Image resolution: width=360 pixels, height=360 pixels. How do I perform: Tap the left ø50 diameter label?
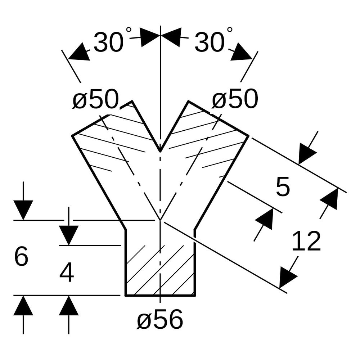coord(95,99)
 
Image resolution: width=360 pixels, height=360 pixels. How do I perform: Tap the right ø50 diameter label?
coord(235,99)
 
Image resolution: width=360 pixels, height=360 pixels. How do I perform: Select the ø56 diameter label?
coord(160,319)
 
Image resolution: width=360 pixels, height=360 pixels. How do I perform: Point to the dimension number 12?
coord(306,242)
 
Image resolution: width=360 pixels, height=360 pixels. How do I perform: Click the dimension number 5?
coord(283,187)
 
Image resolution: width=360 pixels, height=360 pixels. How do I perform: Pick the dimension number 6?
coord(21,256)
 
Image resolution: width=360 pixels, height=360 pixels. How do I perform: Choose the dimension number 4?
coord(67,273)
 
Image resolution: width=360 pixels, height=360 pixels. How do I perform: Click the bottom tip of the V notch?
coord(160,152)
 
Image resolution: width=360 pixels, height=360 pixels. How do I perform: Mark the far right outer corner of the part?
coord(249,136)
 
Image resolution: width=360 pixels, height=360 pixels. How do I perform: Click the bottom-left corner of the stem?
coord(126,296)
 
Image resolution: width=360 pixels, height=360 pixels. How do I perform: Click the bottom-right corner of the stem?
coord(195,296)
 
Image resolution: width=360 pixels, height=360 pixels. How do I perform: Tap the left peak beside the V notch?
coord(132,101)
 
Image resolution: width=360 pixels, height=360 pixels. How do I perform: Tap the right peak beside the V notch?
coord(188,101)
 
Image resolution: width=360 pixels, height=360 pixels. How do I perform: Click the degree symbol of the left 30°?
coord(129,30)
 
